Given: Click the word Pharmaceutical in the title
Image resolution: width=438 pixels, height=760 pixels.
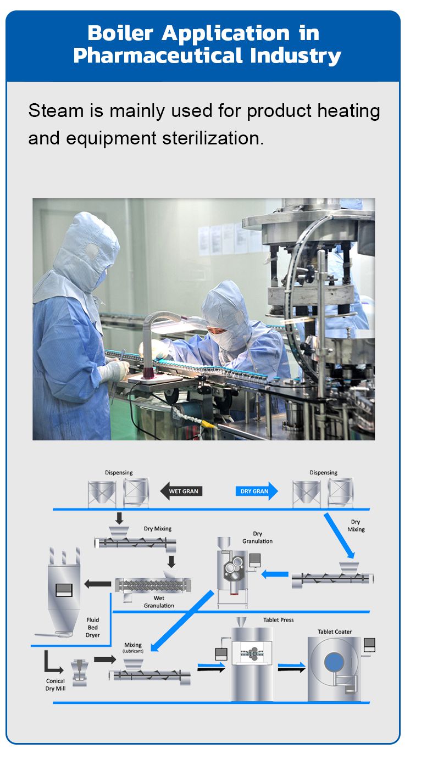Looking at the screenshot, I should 146,55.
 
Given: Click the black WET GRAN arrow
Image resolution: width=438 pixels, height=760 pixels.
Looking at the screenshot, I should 181,491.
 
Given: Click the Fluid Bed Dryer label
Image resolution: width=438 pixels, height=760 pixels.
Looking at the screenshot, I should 93,627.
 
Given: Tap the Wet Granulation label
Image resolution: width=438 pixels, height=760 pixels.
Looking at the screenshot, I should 159,602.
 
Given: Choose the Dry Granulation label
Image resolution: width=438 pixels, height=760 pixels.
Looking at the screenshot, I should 257,537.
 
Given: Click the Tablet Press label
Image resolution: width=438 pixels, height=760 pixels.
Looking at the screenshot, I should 278,620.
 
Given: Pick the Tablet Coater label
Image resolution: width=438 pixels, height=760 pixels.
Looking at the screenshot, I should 335,632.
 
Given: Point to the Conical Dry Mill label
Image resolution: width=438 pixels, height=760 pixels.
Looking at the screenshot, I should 56,685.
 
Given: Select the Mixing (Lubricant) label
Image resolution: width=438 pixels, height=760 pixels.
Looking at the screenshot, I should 133,648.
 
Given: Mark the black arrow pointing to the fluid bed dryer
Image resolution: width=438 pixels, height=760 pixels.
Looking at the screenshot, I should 97,584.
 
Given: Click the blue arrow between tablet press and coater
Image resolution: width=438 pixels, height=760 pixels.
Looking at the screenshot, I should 291,668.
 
